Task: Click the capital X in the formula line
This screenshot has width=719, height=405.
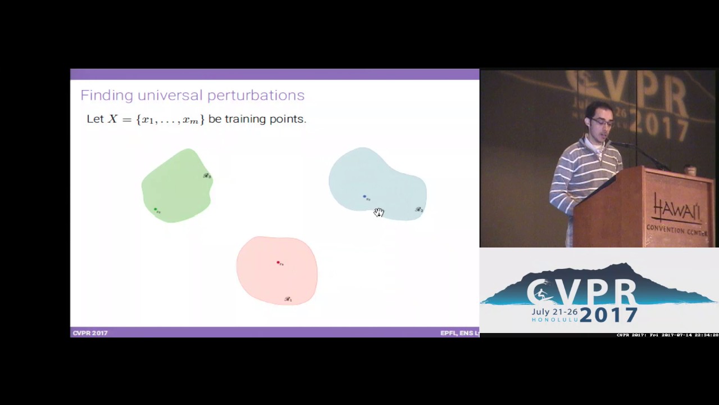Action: (x=113, y=119)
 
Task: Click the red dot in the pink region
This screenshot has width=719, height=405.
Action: (x=278, y=263)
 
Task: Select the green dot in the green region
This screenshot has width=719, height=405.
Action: (x=155, y=209)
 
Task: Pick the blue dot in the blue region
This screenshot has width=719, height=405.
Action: (x=365, y=197)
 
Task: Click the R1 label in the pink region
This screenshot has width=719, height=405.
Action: (x=288, y=299)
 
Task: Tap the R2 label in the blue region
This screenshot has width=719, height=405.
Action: (x=419, y=210)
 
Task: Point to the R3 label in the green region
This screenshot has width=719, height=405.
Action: (x=207, y=176)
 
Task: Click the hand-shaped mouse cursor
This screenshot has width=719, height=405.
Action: (x=379, y=212)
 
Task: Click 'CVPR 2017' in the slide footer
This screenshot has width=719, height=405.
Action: (x=90, y=333)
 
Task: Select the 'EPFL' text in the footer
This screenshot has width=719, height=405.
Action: (x=448, y=333)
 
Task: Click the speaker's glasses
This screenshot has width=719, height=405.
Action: (x=598, y=122)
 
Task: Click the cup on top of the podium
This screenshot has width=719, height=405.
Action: (x=691, y=170)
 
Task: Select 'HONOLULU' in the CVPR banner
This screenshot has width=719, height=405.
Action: (x=554, y=319)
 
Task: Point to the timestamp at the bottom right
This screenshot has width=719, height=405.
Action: (x=667, y=335)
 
